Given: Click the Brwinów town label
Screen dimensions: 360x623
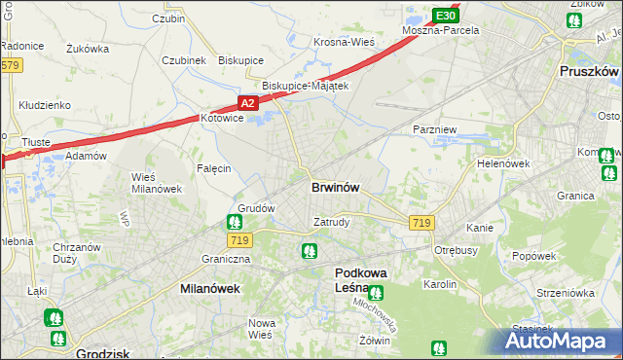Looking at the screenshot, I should click(338, 188).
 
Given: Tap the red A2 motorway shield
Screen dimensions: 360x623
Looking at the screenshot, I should click(247, 102).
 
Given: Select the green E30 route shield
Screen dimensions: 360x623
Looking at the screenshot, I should click(446, 16).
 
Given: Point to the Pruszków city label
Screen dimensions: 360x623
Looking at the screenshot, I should click(590, 71).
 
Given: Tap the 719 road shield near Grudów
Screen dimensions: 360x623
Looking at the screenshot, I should click(239, 239).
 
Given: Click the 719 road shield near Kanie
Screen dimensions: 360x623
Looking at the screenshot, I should click(421, 223).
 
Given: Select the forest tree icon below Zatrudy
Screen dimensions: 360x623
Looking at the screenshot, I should click(310, 251).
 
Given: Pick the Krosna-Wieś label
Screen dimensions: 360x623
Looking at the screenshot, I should click(344, 42).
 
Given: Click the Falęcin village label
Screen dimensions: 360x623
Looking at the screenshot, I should click(213, 168).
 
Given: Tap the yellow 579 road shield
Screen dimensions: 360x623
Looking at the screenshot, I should click(10, 65).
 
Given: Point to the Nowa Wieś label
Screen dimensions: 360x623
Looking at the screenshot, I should click(261, 328).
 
